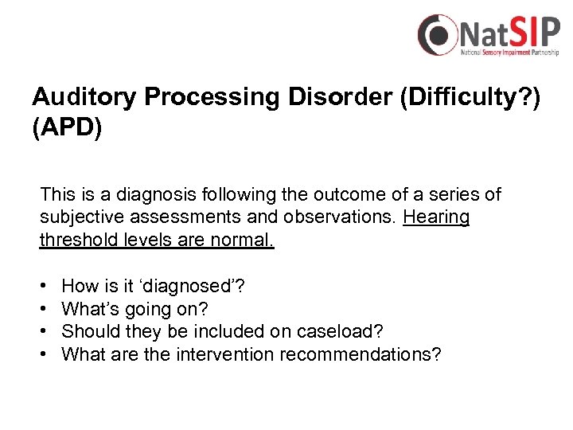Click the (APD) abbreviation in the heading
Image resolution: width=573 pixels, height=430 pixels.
click(x=67, y=128)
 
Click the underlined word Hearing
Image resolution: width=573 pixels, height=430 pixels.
click(x=436, y=217)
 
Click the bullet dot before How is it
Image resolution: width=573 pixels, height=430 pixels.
click(x=41, y=286)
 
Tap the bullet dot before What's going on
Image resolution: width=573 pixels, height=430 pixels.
click(x=41, y=309)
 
